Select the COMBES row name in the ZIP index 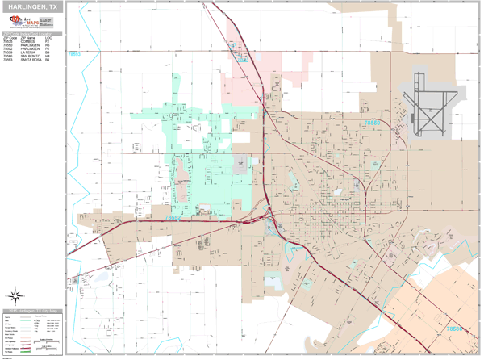[27, 42]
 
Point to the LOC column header [48, 38]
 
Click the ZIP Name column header [28, 38]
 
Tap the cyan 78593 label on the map [74, 54]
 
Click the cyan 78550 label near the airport [373, 122]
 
